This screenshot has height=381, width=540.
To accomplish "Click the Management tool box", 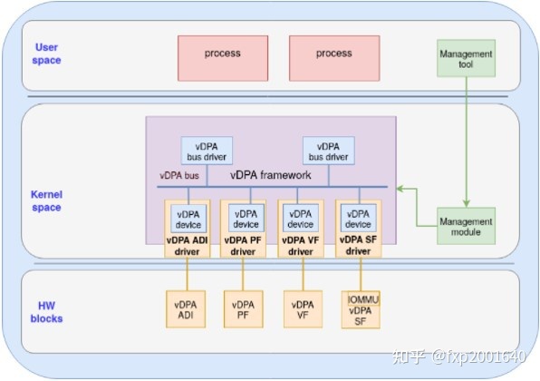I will tap(465, 60).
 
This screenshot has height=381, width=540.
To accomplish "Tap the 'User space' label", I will tap(46, 54).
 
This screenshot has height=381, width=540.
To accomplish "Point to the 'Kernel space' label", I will tap(46, 201).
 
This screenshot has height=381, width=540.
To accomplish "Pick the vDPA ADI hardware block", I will tap(187, 310).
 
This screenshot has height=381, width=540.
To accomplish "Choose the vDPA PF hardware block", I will tap(243, 310).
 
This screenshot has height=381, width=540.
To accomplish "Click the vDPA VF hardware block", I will tap(301, 310).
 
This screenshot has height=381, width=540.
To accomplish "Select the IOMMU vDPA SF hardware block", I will tap(360, 308).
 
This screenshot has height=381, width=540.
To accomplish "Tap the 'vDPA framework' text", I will tap(271, 175).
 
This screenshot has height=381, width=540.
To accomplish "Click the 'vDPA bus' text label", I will tap(179, 176).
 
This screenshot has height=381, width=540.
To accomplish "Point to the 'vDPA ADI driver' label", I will tap(187, 245).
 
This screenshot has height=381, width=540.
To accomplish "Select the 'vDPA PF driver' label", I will tap(243, 245).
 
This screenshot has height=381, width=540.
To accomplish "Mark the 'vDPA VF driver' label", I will tap(301, 245).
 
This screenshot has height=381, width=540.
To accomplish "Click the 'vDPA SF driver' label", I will tap(359, 245).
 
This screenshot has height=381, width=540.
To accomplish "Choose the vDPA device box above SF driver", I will tap(359, 219).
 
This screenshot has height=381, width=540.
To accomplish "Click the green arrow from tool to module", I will tap(466, 145).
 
